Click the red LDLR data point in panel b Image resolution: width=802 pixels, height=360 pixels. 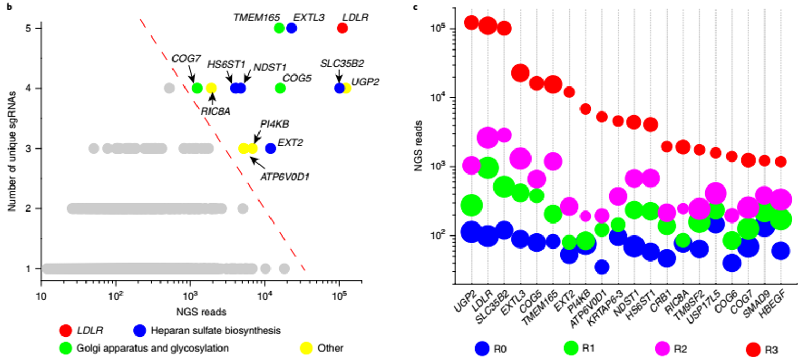(x=342, y=28)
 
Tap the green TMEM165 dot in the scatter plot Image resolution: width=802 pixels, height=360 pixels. (x=279, y=28)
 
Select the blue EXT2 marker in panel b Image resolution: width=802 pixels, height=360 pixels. (x=270, y=148)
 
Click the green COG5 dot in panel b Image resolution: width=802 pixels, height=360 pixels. (x=280, y=88)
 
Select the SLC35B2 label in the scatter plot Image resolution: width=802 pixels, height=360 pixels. (x=342, y=63)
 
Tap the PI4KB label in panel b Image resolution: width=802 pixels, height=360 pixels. (x=274, y=125)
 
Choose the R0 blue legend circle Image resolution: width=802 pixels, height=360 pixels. (x=483, y=347)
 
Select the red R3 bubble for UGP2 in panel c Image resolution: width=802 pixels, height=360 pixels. (x=472, y=22)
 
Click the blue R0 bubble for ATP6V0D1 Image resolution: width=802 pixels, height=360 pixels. (x=602, y=267)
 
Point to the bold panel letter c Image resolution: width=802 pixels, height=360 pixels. (x=429, y=7)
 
